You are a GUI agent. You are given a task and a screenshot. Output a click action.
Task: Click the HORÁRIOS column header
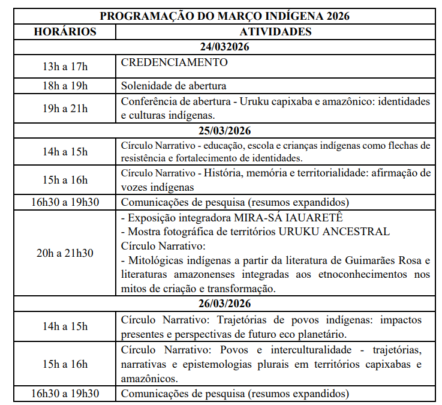pos(65,31)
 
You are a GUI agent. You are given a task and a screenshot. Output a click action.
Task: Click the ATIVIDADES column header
pos(275,31)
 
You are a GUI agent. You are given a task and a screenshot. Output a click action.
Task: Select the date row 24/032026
pos(225,47)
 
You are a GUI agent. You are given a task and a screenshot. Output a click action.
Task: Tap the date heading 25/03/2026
pos(225,131)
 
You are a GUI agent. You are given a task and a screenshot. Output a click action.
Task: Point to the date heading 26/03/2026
pos(225,304)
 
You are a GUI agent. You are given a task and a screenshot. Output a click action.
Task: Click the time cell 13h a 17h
pos(65,67)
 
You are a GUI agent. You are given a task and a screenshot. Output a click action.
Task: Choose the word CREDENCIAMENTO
pos(174,62)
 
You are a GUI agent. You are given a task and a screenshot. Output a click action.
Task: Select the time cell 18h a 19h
pos(65,86)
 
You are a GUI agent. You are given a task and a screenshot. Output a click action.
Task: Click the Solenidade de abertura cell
pos(173,86)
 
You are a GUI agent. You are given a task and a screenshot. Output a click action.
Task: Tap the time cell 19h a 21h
pos(65,109)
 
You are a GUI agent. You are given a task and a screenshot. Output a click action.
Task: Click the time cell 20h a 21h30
pos(65,253)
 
